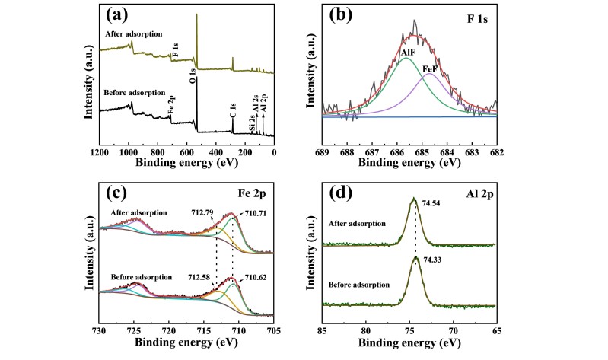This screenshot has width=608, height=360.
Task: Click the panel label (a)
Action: click(122, 16)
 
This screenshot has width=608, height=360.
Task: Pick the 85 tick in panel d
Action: click(323, 332)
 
